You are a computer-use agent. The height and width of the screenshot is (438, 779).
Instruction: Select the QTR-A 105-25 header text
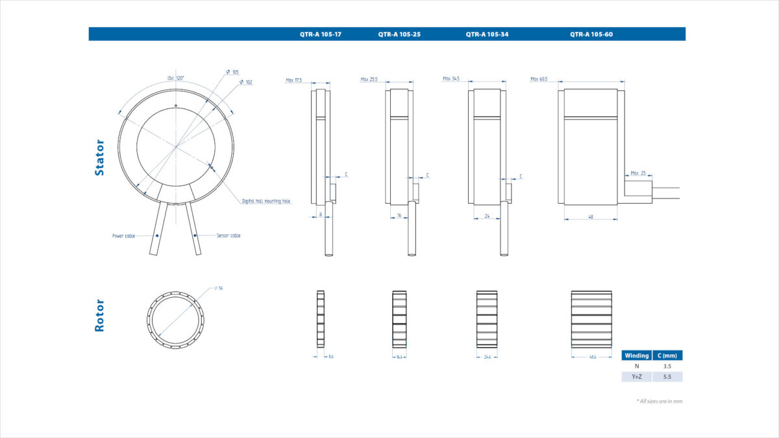399,34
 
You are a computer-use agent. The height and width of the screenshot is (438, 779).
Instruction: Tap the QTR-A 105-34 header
487,34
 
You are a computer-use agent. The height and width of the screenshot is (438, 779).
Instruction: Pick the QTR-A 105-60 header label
591,34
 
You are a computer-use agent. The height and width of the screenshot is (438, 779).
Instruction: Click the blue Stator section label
99,158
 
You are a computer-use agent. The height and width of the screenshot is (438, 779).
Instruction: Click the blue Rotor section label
99,315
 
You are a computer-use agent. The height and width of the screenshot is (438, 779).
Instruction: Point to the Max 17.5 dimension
294,80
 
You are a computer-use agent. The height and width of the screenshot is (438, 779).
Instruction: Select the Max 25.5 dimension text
369,80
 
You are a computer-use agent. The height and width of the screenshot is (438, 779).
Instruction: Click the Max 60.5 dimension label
539,79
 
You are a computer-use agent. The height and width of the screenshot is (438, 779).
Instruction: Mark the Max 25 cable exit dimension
638,173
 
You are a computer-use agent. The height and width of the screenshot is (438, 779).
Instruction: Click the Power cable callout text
123,236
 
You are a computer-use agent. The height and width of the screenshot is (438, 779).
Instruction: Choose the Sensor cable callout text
229,236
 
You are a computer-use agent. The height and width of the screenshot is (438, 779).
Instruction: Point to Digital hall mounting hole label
266,201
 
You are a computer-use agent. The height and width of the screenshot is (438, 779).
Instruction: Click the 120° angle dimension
176,78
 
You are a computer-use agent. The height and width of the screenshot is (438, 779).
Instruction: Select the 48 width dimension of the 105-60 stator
590,217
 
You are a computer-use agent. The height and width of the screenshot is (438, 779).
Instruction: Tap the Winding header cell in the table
636,356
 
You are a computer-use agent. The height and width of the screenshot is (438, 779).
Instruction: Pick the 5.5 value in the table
667,376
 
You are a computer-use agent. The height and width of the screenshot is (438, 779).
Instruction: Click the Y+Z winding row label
636,376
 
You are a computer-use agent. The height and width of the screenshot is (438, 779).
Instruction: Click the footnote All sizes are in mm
659,401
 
